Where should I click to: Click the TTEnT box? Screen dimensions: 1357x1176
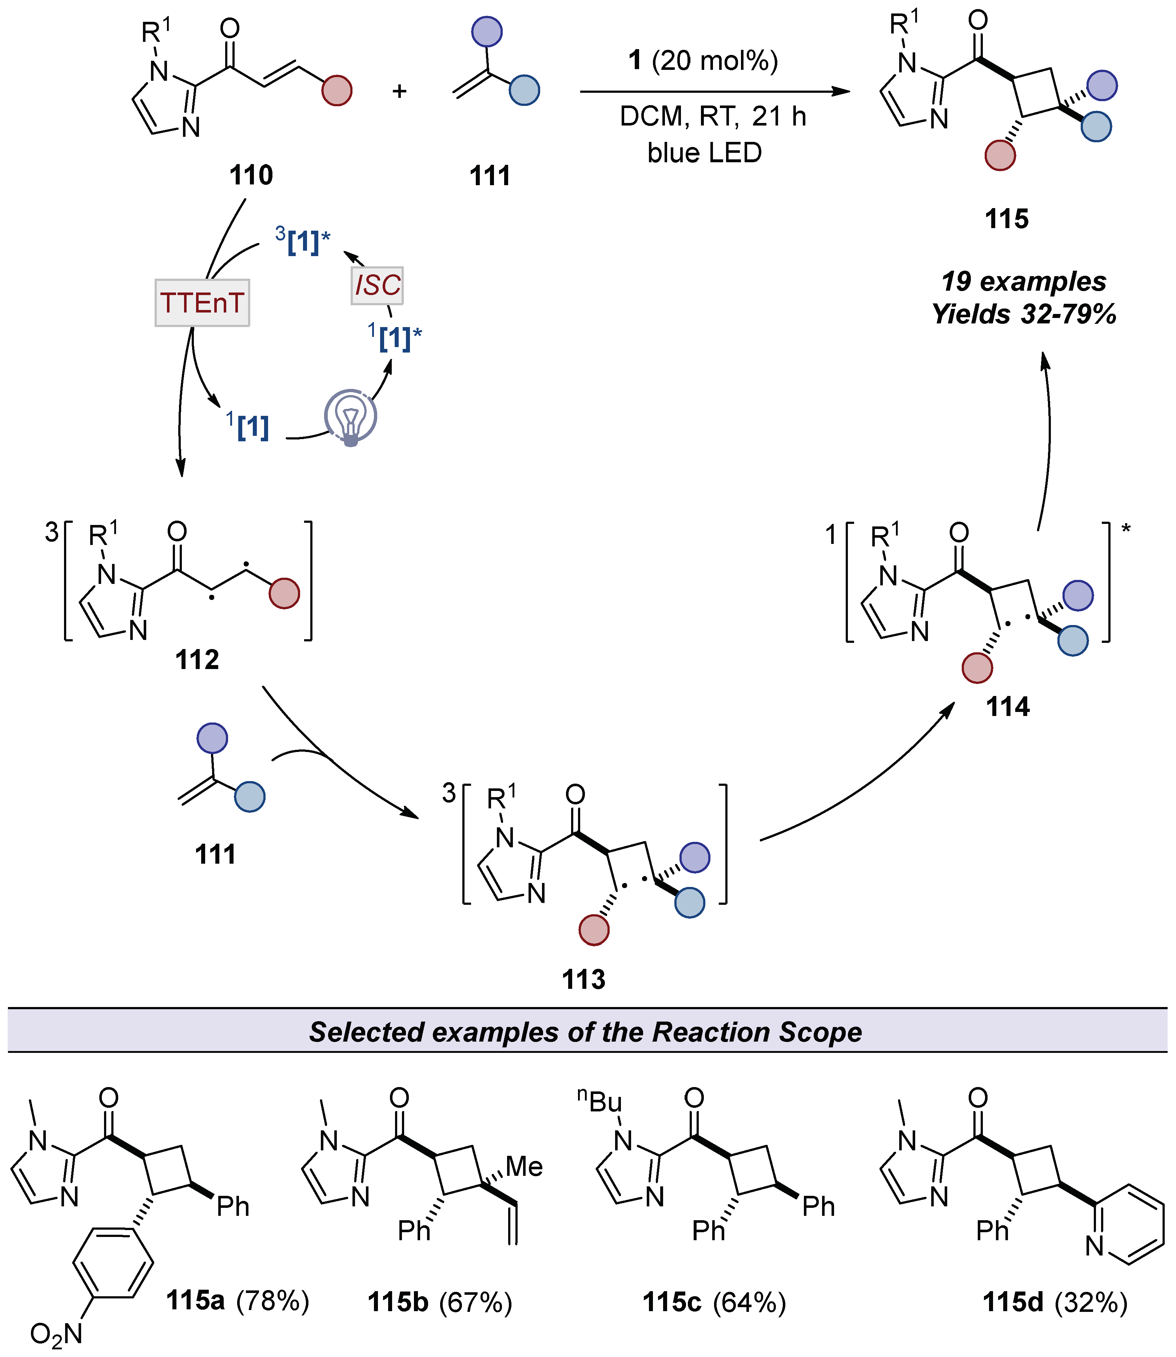click(202, 303)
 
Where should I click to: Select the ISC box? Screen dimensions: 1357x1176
click(377, 286)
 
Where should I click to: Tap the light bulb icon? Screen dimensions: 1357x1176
click(350, 417)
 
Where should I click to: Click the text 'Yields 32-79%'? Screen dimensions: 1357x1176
click(1024, 314)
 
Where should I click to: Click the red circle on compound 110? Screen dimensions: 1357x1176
click(337, 91)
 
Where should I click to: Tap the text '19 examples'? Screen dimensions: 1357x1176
click(1024, 282)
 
